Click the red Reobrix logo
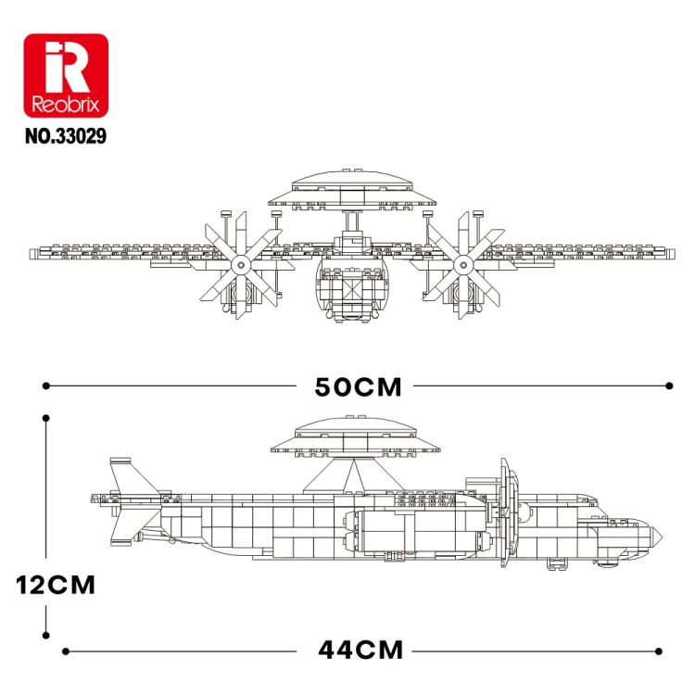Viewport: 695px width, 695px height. tap(66, 75)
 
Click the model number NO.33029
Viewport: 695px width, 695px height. tap(66, 136)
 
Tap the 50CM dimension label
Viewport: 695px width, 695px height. tap(358, 386)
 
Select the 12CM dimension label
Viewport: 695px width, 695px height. tap(56, 585)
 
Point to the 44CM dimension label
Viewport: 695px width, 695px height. tap(360, 651)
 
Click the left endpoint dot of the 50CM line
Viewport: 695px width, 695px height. tap(46, 386)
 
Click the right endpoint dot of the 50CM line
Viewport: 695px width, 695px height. tap(669, 386)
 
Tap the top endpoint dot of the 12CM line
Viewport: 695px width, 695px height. tap(46, 418)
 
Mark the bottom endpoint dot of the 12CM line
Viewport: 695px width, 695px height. tap(46, 635)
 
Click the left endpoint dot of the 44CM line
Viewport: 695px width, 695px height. tap(66, 651)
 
